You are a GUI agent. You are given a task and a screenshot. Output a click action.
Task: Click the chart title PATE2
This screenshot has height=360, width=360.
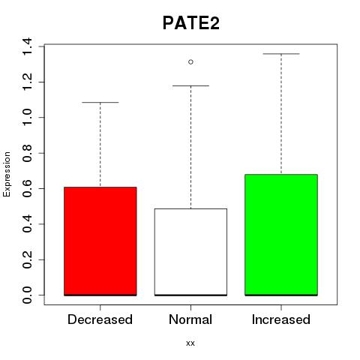point(191,23)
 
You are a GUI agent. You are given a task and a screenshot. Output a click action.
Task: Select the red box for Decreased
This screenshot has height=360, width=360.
point(100,241)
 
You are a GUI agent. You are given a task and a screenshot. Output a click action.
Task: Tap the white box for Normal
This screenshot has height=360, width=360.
point(190,252)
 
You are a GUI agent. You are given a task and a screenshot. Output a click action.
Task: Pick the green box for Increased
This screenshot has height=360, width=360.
point(281,235)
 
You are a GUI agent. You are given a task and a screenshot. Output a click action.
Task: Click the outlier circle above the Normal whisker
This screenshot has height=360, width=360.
point(190,61)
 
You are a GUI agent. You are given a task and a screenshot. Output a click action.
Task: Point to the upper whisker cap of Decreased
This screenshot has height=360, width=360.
point(100,102)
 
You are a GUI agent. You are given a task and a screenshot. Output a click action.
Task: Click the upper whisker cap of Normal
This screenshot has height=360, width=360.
point(190,85)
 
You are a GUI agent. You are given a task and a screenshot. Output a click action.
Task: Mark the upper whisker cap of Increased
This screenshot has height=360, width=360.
point(281,54)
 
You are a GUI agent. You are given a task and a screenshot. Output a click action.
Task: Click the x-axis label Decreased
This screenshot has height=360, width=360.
point(100,319)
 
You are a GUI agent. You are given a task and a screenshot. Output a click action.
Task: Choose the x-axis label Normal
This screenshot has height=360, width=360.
point(190,319)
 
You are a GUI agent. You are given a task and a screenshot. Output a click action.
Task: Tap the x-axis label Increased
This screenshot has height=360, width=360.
point(281,319)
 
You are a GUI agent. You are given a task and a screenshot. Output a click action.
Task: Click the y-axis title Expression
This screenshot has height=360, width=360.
point(7,174)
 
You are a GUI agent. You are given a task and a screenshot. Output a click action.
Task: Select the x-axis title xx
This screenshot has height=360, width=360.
point(190,343)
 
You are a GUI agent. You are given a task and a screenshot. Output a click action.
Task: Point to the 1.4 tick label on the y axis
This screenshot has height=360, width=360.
point(27,46)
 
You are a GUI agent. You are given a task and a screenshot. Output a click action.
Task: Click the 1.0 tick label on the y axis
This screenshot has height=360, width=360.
point(27,118)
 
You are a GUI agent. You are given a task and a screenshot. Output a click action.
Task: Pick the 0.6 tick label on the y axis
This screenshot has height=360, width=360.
point(27,188)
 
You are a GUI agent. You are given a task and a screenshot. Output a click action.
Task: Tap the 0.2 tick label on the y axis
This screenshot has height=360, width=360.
point(27,259)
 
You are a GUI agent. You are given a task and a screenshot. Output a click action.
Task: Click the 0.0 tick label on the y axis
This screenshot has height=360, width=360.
point(27,295)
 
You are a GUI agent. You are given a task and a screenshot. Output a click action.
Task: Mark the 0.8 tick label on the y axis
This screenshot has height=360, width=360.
point(27,153)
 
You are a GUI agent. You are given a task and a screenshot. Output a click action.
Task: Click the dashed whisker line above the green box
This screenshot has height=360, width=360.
point(281,114)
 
